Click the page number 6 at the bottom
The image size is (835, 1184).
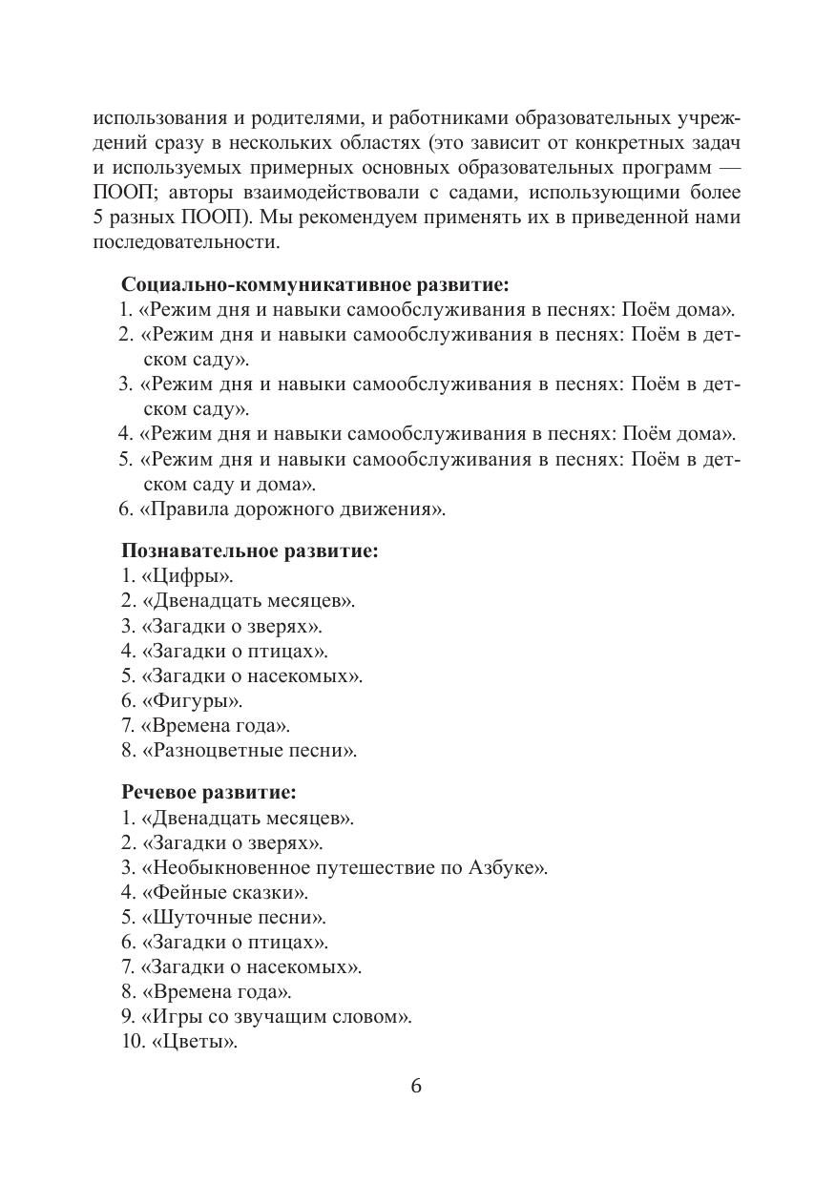(416, 1087)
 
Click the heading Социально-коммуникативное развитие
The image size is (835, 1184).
(315, 284)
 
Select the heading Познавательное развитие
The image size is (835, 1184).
(249, 550)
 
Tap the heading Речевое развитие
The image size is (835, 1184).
(208, 792)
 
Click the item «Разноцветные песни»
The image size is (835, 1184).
(249, 750)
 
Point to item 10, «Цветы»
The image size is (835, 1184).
(194, 1042)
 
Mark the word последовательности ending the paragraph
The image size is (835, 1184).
(185, 241)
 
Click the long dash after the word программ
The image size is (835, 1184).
(725, 167)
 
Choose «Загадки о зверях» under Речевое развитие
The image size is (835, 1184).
(232, 842)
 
